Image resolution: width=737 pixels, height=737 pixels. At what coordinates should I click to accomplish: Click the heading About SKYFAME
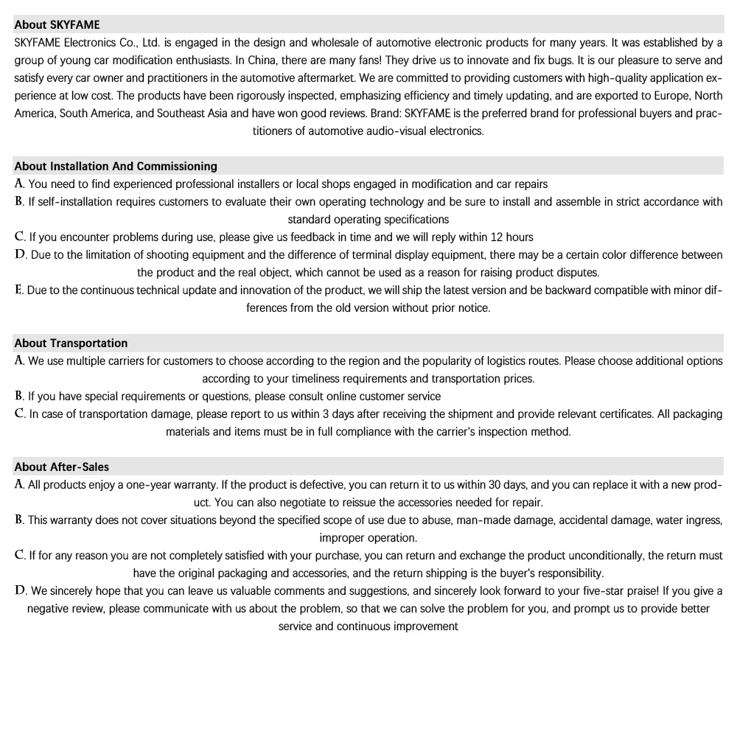pos(57,24)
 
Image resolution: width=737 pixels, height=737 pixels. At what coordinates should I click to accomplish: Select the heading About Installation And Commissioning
pos(116,166)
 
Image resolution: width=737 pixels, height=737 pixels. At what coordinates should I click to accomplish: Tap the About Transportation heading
pos(71,343)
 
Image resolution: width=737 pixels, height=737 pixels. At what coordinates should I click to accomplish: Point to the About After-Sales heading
pos(61,467)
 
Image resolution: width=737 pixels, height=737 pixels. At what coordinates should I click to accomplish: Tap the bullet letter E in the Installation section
pos(18,290)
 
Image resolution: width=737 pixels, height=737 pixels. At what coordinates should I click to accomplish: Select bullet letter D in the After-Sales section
pos(21,590)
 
